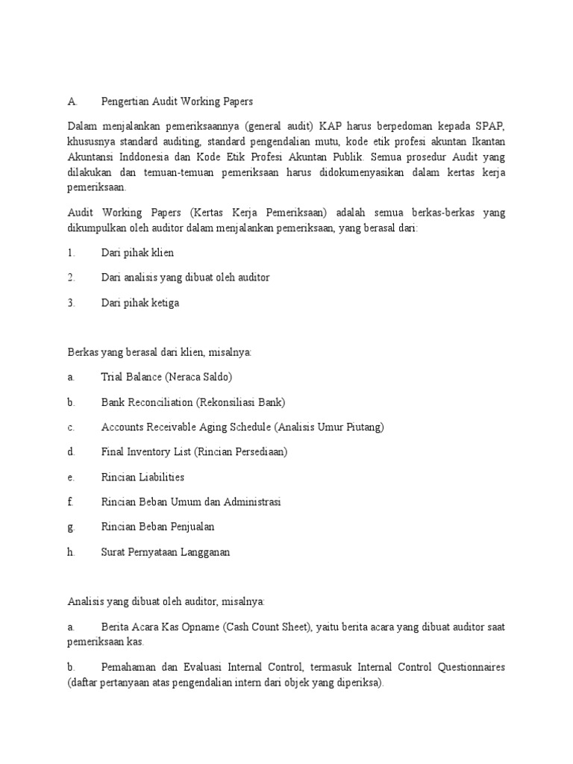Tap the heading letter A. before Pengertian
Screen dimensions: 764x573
(x=72, y=101)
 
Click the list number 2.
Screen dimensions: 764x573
(x=71, y=278)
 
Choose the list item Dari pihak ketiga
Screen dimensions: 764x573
(x=140, y=303)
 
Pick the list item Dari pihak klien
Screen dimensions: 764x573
(x=137, y=253)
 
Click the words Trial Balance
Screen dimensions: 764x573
(x=131, y=378)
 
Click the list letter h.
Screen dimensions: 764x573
(x=71, y=552)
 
